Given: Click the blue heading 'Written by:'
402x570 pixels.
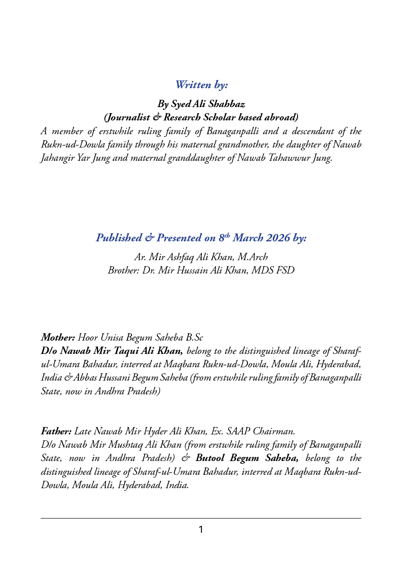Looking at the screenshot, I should (x=201, y=85).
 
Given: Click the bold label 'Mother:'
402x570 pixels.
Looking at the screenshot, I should (x=58, y=338).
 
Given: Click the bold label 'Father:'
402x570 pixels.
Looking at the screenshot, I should (x=56, y=432).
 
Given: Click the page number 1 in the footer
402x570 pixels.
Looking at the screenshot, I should (x=201, y=530).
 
